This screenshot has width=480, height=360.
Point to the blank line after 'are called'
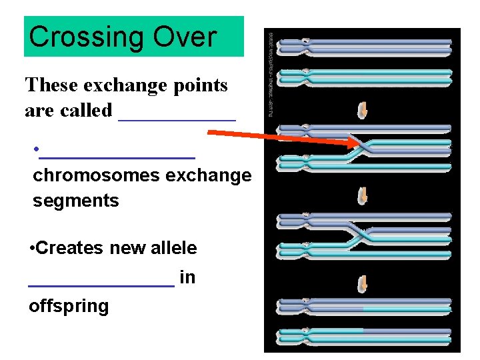(x=177, y=119)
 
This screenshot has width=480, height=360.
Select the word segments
(x=75, y=201)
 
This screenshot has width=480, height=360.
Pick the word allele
(x=173, y=249)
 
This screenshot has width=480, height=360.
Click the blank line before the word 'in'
(x=101, y=284)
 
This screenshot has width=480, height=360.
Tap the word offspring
(x=69, y=306)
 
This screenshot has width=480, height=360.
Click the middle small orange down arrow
(x=363, y=196)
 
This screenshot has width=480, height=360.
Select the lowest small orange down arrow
(x=363, y=283)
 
